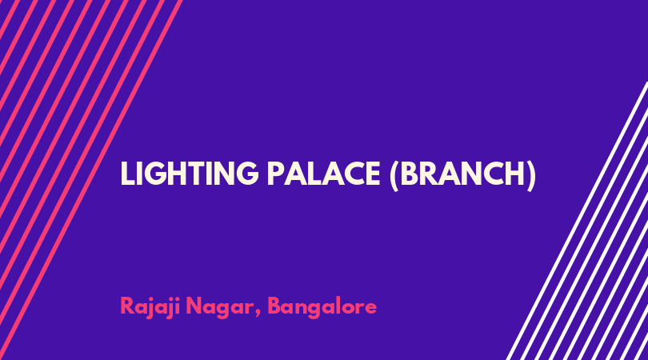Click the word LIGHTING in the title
tap(190, 174)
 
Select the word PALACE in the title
tap(323, 174)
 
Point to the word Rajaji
tap(150, 307)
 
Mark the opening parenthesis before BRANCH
tap(394, 175)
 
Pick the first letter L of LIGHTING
tap(126, 174)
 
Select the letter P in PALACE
tap(275, 174)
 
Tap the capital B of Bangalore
tap(275, 306)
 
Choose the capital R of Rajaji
tap(127, 306)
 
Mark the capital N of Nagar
tap(194, 306)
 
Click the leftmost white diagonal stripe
tap(577, 221)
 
